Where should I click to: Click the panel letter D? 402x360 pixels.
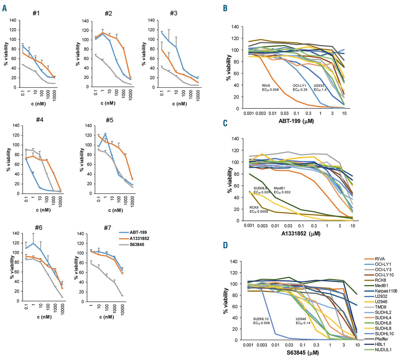[225, 245]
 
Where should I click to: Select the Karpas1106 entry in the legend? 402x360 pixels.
[386, 291]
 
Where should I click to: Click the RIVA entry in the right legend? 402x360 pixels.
[379, 259]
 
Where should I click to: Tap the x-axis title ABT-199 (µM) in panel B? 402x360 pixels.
[296, 121]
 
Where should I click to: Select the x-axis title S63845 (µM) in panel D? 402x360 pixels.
[298, 353]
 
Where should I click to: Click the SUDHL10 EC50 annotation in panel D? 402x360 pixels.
[262, 321]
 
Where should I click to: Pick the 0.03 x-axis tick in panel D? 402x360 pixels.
[289, 345]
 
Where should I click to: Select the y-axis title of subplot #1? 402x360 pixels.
[6, 54]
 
